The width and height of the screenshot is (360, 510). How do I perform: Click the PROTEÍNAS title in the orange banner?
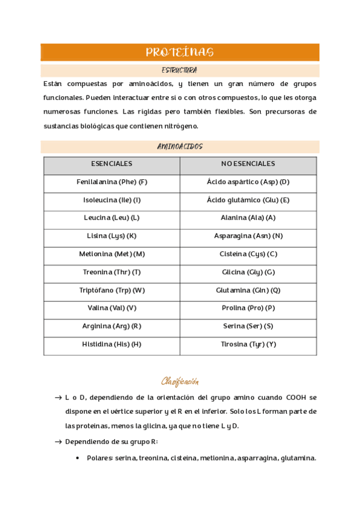[179, 53]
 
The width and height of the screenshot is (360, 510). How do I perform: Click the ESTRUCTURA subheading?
[179, 70]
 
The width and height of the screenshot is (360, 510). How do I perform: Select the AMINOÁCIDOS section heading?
[180, 147]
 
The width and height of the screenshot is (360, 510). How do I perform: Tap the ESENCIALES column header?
[112, 164]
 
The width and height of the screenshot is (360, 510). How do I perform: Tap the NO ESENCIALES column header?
[248, 164]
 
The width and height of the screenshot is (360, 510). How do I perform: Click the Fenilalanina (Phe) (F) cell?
[112, 182]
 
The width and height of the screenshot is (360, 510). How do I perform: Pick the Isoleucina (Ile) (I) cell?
[112, 200]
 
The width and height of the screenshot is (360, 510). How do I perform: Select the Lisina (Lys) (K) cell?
[112, 236]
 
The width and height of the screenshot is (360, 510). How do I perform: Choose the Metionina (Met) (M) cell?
[112, 254]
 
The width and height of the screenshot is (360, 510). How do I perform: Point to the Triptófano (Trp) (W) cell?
[112, 290]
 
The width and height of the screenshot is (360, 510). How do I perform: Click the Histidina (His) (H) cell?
[112, 345]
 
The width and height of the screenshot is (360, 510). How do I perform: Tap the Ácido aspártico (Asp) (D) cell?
[248, 182]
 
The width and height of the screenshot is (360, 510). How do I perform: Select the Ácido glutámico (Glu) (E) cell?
[248, 200]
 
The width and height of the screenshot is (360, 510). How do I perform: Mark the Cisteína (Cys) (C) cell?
[248, 254]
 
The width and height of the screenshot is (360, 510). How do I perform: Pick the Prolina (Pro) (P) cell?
[248, 308]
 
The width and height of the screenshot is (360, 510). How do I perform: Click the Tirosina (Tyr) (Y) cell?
[248, 345]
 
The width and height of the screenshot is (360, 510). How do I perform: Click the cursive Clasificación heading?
[180, 381]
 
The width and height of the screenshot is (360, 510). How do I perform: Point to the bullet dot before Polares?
[79, 458]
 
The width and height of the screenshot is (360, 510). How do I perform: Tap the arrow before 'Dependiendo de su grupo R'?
[58, 442]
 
